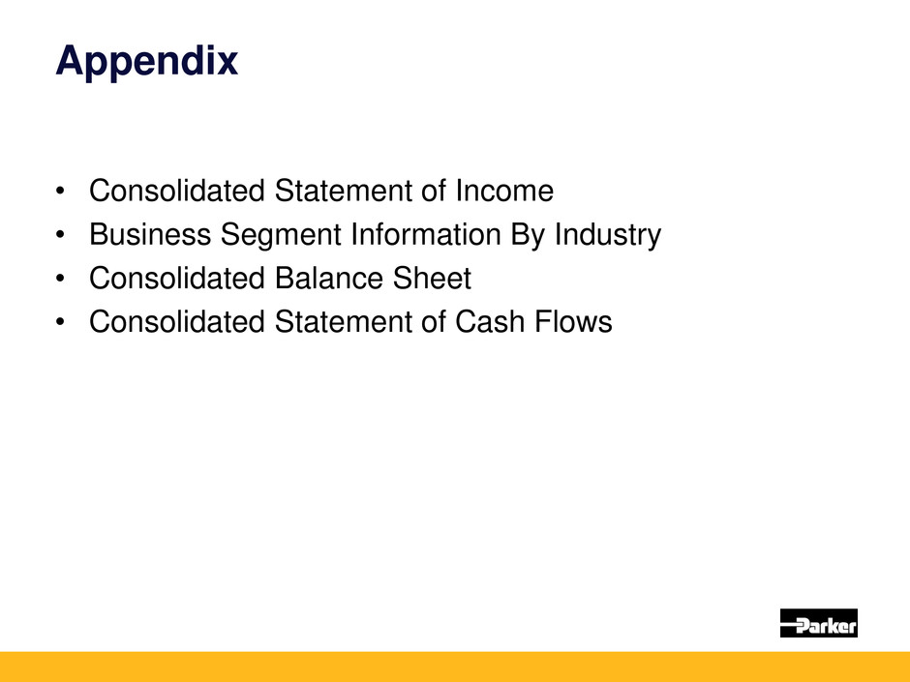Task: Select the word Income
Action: pos(504,191)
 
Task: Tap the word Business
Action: pos(150,234)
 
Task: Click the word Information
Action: pos(426,234)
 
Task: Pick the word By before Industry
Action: pos(528,235)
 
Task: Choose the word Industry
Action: pos(608,235)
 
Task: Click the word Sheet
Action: pos(432,279)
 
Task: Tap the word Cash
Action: pos(490,322)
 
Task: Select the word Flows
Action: pos(573,322)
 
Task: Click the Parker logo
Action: pos(818,623)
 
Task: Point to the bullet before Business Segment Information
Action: pos(60,235)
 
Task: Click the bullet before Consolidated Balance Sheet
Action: pos(60,279)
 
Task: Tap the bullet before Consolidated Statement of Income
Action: pos(60,191)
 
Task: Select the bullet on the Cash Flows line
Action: pos(60,322)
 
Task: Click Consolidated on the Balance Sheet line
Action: pos(177,279)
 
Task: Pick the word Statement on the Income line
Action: pos(343,191)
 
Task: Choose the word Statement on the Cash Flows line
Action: pos(343,322)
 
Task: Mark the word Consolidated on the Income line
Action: pos(177,191)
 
